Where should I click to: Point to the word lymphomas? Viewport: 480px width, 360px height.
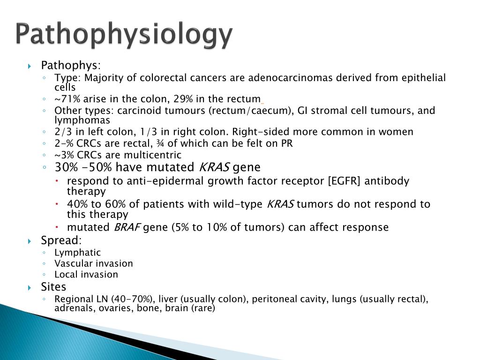click(82, 120)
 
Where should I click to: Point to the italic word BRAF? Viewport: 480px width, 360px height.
click(127, 227)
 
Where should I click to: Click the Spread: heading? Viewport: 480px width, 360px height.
click(61, 240)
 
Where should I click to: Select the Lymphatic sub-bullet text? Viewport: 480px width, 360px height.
click(77, 253)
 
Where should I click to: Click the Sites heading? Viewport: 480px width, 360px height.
click(53, 286)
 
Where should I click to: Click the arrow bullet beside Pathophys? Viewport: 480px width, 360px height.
click(30, 66)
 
